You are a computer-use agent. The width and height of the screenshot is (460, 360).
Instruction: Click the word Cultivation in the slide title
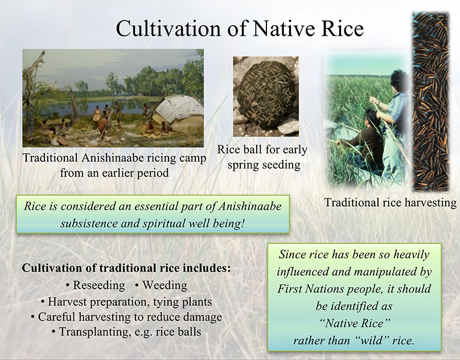tap(169, 29)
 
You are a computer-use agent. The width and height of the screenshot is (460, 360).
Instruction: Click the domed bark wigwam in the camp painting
tap(178, 113)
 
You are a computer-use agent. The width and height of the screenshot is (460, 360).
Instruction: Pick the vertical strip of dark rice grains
tap(430, 102)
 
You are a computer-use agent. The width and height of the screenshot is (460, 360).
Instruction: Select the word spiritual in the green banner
tap(164, 223)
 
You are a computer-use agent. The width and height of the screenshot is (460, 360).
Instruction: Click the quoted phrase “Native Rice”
tap(354, 324)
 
